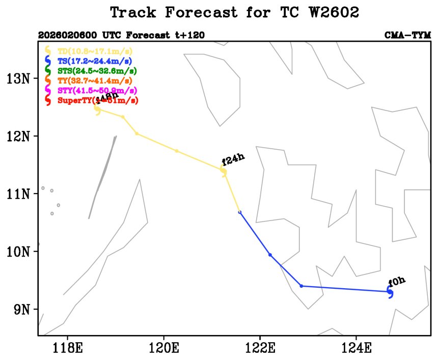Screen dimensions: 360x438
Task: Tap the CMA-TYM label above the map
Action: pos(407,35)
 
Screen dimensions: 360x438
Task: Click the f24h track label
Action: pos(234,161)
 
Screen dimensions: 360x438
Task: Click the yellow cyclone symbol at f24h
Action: pos(224,172)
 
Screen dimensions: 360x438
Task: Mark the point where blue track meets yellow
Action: pos(240,212)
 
